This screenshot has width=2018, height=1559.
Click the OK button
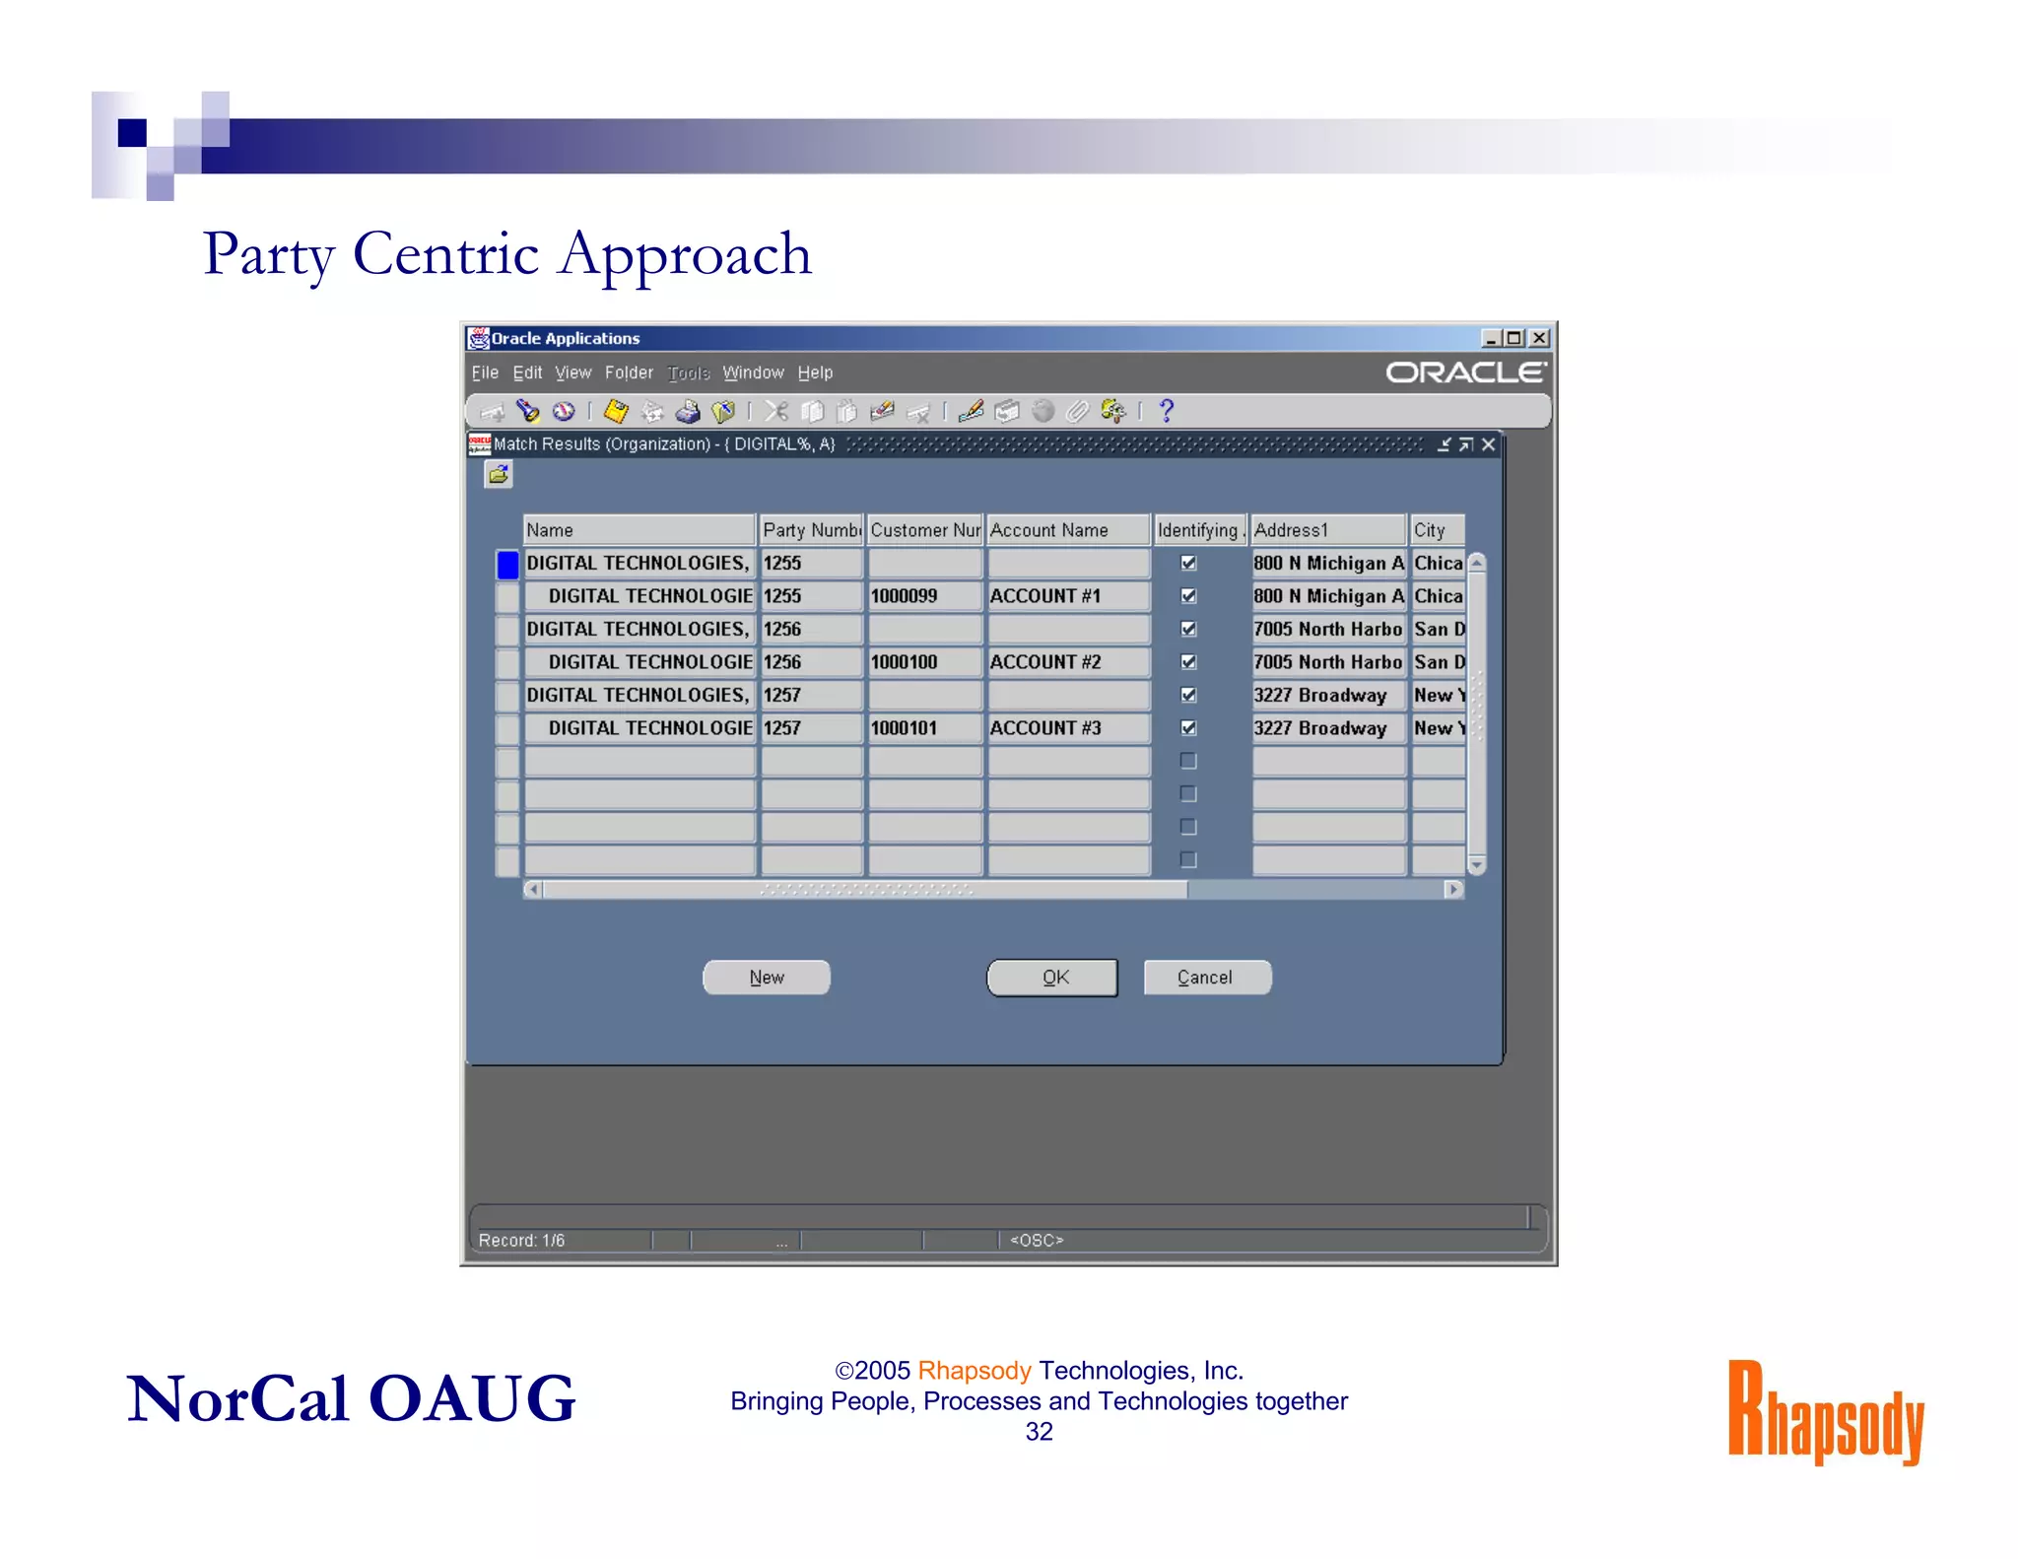(x=1052, y=977)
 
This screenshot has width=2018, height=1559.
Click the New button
(x=766, y=977)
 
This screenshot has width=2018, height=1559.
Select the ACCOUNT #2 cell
(x=1067, y=662)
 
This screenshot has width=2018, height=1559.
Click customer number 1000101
(x=923, y=728)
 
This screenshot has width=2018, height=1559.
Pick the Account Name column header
(x=1067, y=530)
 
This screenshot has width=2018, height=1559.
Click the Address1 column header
(x=1326, y=530)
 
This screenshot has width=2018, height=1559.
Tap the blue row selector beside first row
(x=507, y=564)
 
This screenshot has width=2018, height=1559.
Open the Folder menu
(x=629, y=373)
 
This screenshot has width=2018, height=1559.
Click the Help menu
(x=815, y=373)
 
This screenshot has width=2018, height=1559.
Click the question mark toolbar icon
(x=1167, y=411)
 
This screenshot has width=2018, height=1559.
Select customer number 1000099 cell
(x=923, y=596)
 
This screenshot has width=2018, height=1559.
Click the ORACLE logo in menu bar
(x=1465, y=373)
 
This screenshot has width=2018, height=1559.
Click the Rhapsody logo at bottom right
(x=1825, y=1413)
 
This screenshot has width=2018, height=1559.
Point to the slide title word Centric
(x=445, y=254)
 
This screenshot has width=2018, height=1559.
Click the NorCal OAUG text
(x=351, y=1399)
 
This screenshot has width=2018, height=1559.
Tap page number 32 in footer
(x=1039, y=1432)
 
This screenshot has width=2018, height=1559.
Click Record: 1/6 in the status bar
(x=522, y=1240)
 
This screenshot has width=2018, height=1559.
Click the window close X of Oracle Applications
(x=1539, y=338)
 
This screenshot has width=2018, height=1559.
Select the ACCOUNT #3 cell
(x=1067, y=728)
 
